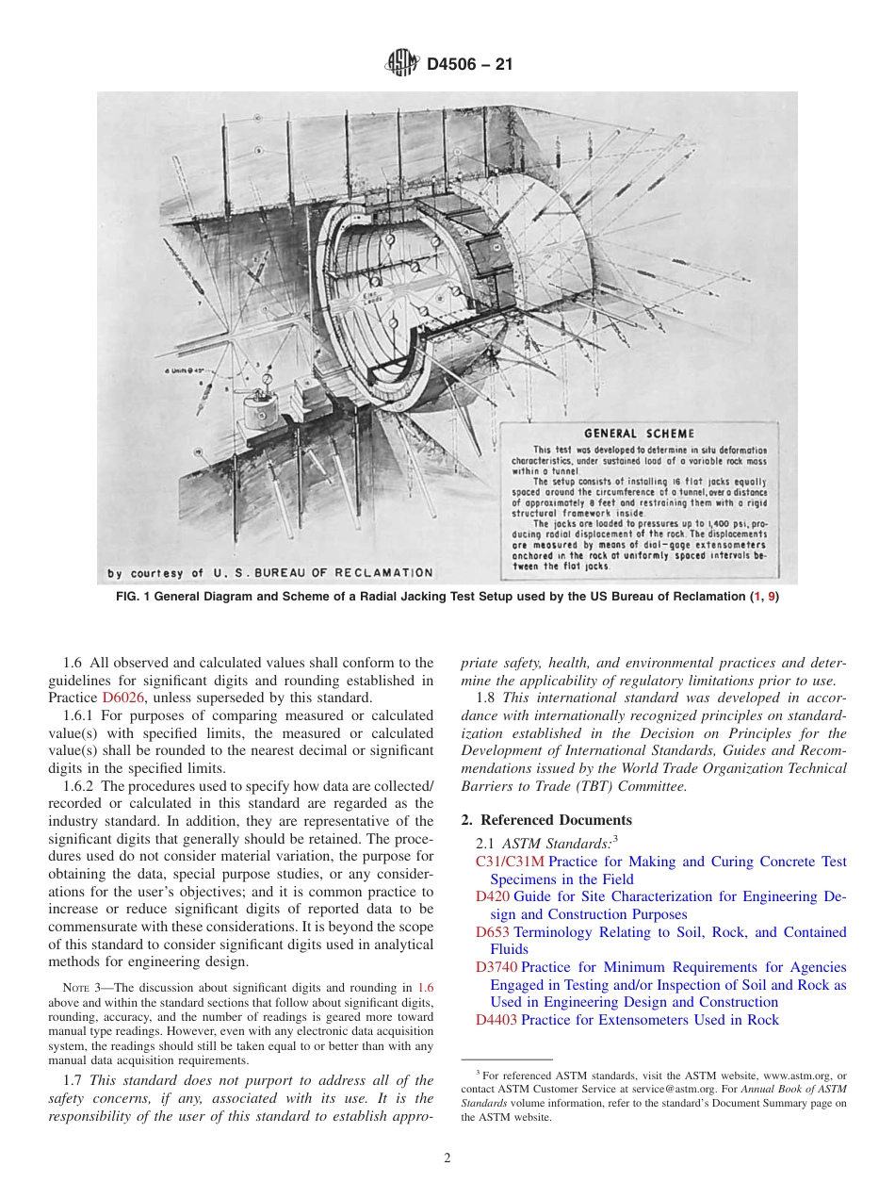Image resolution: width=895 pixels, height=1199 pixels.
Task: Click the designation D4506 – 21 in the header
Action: [469, 65]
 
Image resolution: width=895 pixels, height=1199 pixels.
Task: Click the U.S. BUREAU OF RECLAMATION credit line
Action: [269, 572]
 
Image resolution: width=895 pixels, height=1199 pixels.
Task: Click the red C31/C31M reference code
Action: [510, 862]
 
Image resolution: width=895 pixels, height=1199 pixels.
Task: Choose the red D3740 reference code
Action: [496, 967]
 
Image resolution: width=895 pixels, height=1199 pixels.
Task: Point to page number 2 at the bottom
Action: [447, 1158]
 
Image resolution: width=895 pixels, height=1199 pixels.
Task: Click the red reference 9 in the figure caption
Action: [773, 597]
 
